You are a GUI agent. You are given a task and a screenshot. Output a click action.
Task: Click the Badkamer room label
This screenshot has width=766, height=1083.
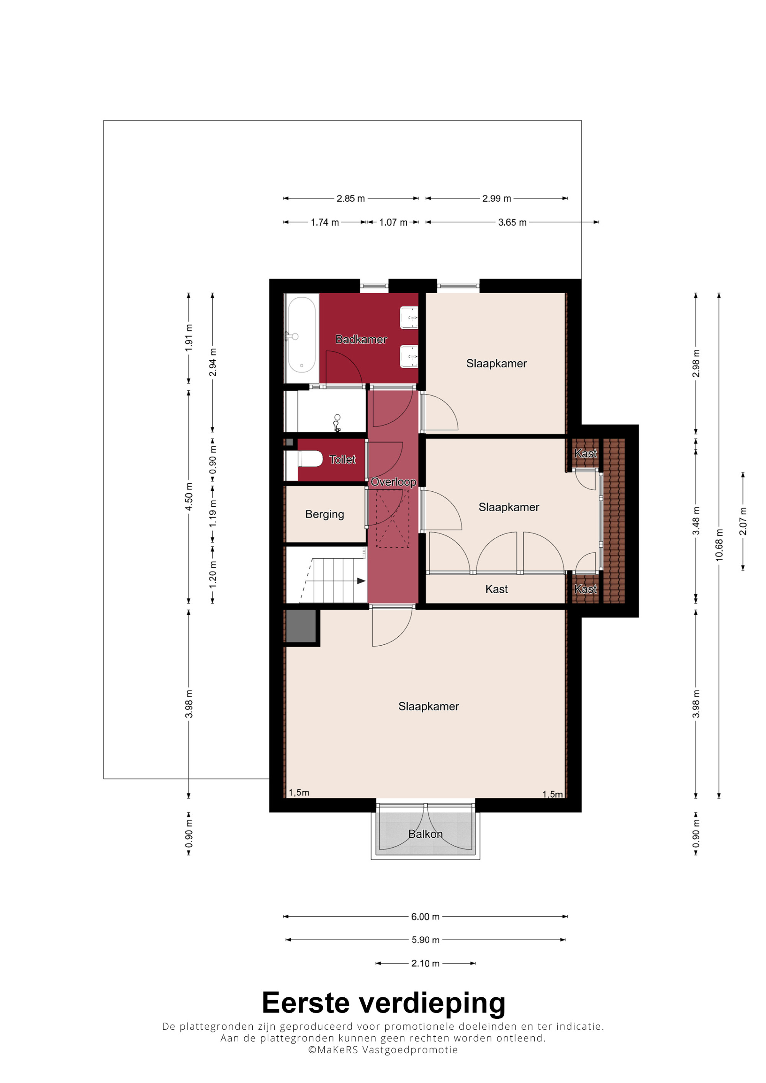point(361,339)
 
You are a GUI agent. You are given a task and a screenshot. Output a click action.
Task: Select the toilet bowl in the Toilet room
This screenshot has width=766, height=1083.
point(309,458)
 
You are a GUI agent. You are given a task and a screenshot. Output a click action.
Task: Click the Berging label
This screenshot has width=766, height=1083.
point(325,514)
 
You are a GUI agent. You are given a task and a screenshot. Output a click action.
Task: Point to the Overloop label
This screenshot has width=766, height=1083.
point(393,481)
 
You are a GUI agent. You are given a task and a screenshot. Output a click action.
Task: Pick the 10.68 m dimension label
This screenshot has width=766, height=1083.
point(719,545)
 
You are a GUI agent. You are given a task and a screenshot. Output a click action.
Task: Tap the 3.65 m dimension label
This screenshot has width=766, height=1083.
point(512,222)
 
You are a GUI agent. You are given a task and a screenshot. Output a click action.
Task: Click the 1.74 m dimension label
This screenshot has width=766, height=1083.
point(325,222)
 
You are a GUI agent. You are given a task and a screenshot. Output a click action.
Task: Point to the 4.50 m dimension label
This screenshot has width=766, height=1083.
point(189,496)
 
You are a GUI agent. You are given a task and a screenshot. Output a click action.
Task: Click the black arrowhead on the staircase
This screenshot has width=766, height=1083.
point(362,581)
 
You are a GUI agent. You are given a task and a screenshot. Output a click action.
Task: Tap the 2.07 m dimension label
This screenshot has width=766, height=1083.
point(743,521)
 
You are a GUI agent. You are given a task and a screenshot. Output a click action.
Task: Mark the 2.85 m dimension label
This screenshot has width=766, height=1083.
point(351,199)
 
